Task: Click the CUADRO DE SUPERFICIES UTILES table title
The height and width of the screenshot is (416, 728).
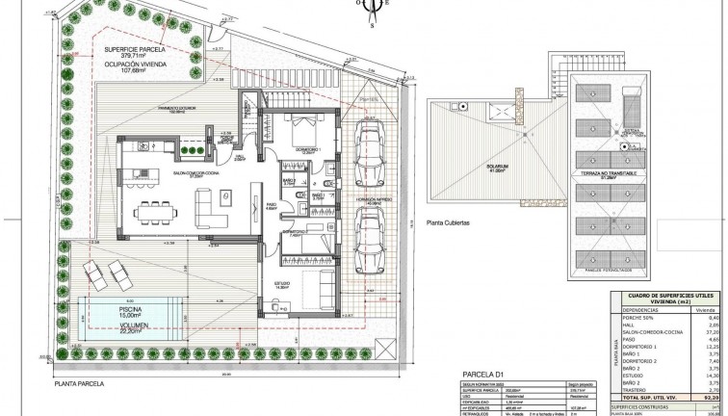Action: click(x=663, y=295)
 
